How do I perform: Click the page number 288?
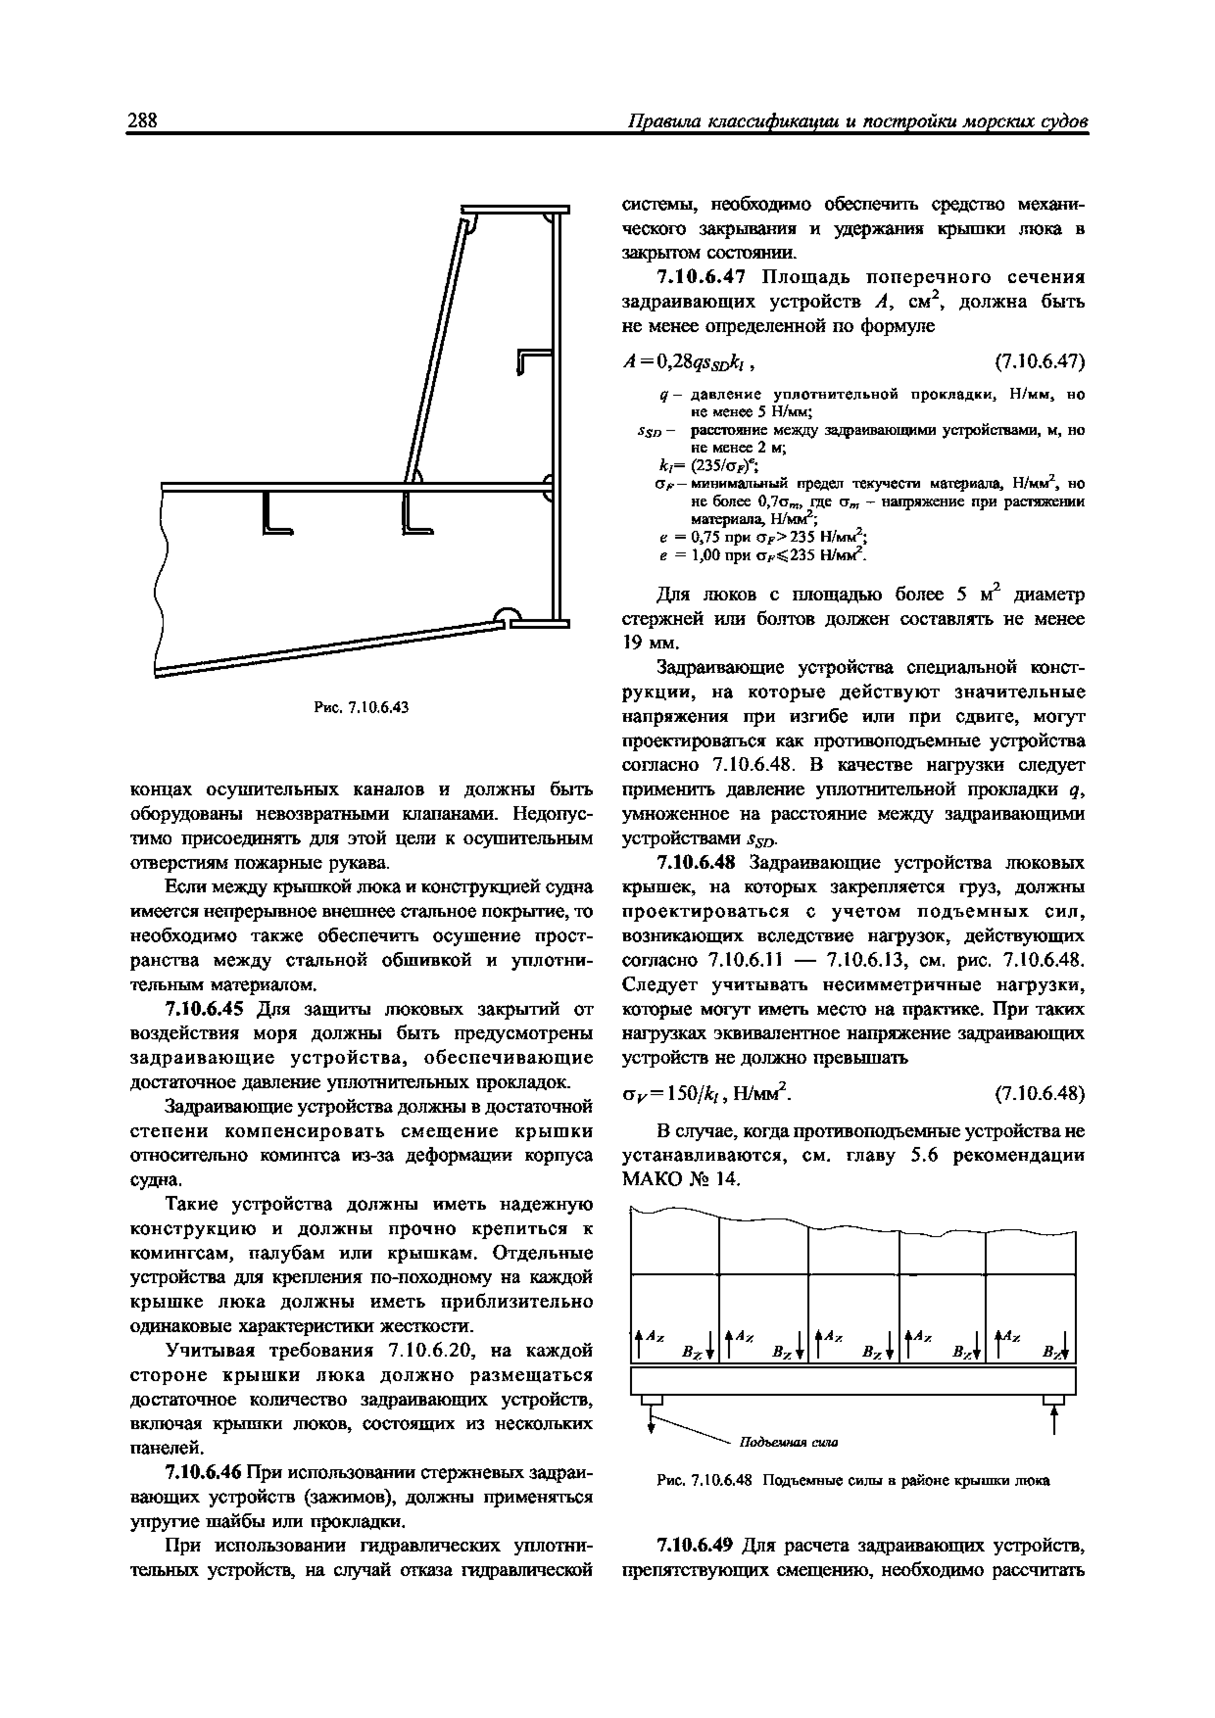point(142,120)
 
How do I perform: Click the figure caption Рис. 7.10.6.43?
point(361,706)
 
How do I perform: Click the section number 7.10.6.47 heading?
point(701,277)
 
